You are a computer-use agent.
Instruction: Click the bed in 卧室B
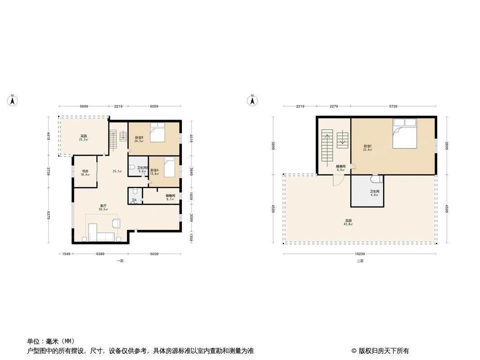tap(157, 133)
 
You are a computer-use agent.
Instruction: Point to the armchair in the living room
tap(116, 223)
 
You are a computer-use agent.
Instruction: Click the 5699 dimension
tap(84, 106)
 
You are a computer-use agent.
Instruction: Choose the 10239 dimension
tap(359, 254)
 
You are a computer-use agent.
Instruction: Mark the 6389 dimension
tap(100, 254)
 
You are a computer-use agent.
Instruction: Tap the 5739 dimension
tap(394, 106)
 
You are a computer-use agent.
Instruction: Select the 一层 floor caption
tap(120, 261)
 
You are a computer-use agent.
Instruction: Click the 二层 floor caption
tap(359, 261)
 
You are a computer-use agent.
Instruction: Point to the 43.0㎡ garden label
tap(348, 222)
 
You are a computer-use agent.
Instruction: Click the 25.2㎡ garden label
tap(83, 138)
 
